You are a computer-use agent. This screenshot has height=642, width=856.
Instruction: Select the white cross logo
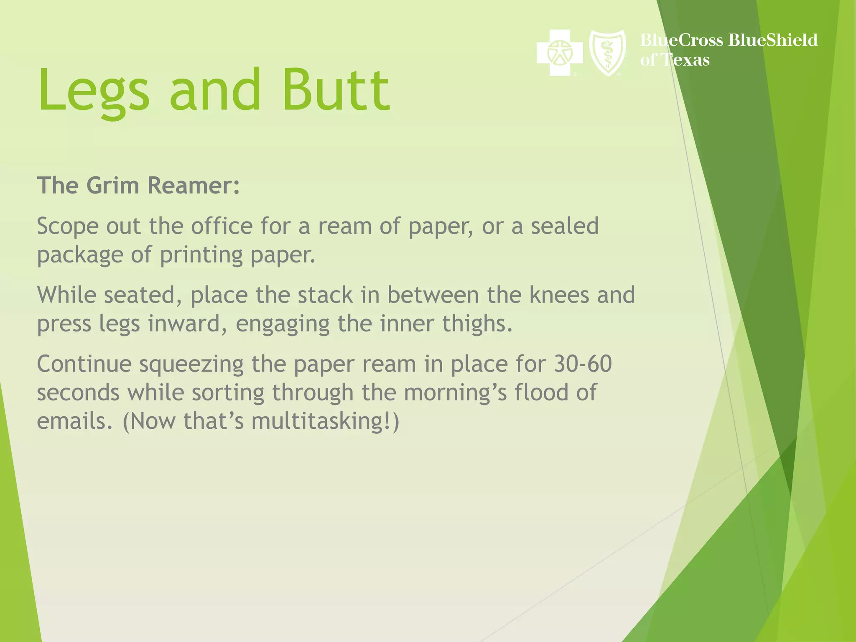coord(560,53)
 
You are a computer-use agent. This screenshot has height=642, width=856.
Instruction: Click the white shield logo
coord(607,53)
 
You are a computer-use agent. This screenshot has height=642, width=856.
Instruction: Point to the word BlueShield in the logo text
coord(773,40)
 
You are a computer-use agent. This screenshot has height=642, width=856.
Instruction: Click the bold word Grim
coord(112,186)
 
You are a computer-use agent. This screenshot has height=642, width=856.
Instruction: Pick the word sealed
coord(565,226)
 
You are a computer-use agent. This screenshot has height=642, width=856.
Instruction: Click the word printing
coord(201,255)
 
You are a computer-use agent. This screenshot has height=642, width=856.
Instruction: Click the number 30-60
coord(583,364)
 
